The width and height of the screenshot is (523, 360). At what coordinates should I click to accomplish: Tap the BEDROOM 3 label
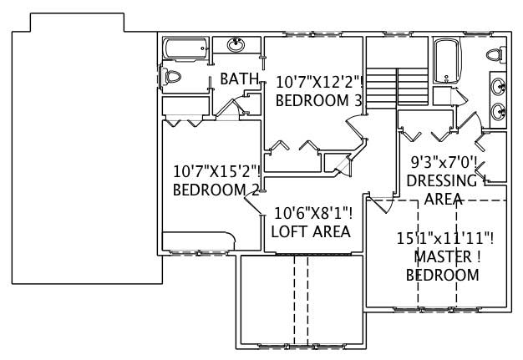coord(318,100)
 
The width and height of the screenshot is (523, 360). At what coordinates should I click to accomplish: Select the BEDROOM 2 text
coord(216,190)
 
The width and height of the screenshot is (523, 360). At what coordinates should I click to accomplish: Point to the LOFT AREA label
coord(311,231)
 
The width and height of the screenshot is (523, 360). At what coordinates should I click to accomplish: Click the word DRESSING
coord(441,180)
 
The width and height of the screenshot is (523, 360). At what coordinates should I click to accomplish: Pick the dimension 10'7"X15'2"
coord(216,171)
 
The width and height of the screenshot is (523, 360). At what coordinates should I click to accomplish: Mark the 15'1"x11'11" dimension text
coord(444,238)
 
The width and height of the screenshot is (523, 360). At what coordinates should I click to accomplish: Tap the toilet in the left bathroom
coord(173,78)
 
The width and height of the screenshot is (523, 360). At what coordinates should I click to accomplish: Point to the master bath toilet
coord(494,54)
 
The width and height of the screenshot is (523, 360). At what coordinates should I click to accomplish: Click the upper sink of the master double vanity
coord(498,85)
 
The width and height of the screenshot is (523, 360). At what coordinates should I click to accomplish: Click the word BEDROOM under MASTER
coord(443,275)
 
